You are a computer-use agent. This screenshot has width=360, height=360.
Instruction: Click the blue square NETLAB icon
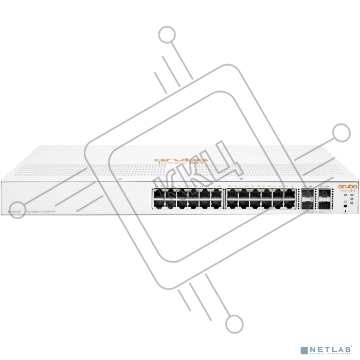pyautogui.click(x=304, y=350)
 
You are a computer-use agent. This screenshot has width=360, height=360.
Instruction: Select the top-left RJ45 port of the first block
pyautogui.click(x=157, y=193)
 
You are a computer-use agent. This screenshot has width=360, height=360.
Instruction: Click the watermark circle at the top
pyautogui.click(x=167, y=35)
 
